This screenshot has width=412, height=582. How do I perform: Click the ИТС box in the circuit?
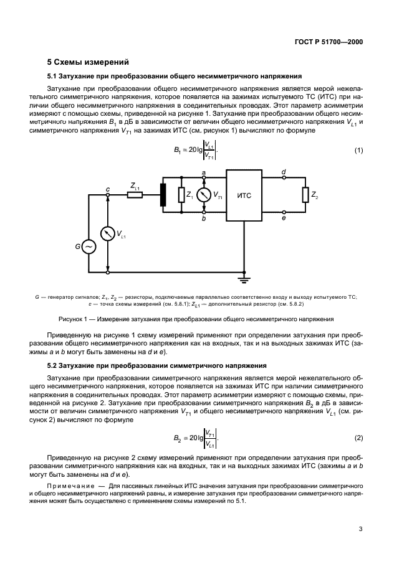pyautogui.click(x=244, y=195)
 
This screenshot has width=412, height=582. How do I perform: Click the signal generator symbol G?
pyautogui.click(x=88, y=246)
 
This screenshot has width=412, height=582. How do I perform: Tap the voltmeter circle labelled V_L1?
pyautogui.click(x=108, y=233)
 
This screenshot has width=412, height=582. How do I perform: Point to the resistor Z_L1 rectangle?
pyautogui.click(x=135, y=195)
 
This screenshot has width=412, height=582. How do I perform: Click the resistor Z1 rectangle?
pyautogui.click(x=181, y=195)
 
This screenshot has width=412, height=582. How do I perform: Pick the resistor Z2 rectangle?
pyautogui.click(x=305, y=195)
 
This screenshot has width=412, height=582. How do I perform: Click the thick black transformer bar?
pyautogui.click(x=163, y=195)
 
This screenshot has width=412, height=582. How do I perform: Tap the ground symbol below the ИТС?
pyautogui.click(x=244, y=276)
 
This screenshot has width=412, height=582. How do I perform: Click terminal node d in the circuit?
pyautogui.click(x=284, y=178)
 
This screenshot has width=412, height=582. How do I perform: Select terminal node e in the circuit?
pyautogui.click(x=284, y=212)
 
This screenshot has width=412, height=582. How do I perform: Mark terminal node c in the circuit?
pyautogui.click(x=108, y=195)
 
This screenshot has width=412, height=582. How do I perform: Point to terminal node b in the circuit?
pyautogui.click(x=204, y=212)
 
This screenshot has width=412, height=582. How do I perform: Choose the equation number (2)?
pyautogui.click(x=358, y=438)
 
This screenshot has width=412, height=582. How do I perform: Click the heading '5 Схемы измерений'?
pyautogui.click(x=88, y=62)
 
